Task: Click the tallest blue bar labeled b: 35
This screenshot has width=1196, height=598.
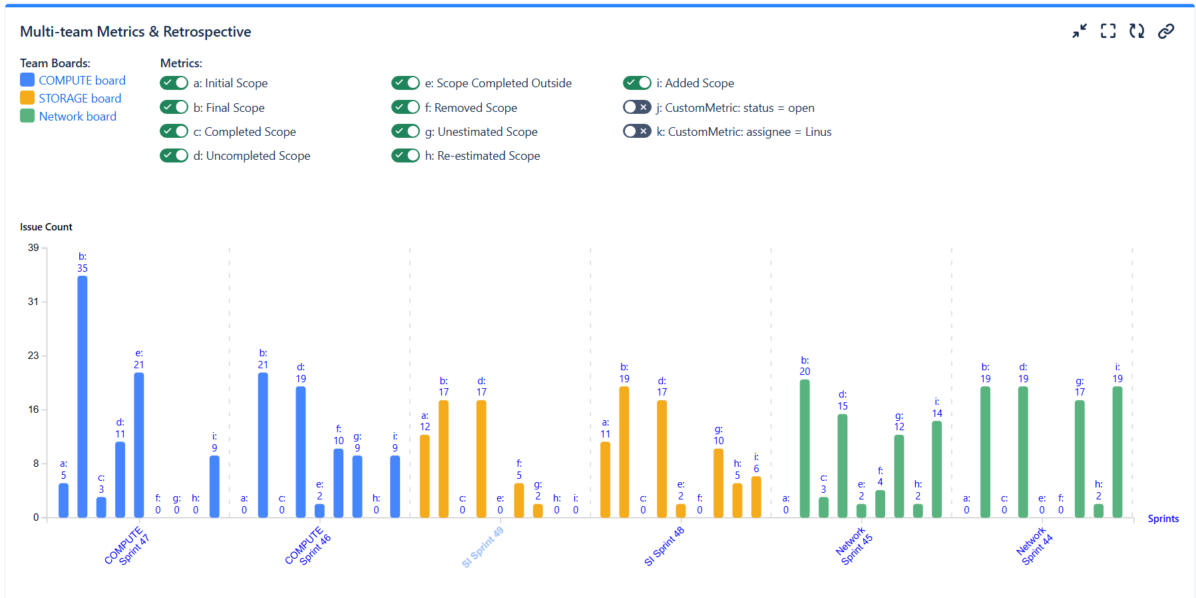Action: pyautogui.click(x=83, y=396)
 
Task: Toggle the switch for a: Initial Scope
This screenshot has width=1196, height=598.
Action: pyautogui.click(x=174, y=83)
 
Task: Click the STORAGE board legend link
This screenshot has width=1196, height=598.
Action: pyautogui.click(x=80, y=99)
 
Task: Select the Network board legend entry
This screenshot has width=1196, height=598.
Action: pyautogui.click(x=77, y=117)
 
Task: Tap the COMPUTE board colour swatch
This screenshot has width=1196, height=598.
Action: pyautogui.click(x=27, y=80)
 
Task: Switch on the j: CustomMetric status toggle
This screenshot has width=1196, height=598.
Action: pyautogui.click(x=637, y=107)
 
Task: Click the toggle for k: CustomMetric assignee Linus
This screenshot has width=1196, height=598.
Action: pyautogui.click(x=637, y=131)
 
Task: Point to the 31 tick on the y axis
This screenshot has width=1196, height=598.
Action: pyautogui.click(x=33, y=302)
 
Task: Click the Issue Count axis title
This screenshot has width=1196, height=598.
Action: pyautogui.click(x=46, y=227)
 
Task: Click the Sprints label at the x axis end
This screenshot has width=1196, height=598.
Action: pyautogui.click(x=1163, y=519)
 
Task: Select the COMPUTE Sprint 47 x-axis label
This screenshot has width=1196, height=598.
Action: pyautogui.click(x=127, y=546)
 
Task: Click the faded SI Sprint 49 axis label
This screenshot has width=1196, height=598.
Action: pyautogui.click(x=483, y=547)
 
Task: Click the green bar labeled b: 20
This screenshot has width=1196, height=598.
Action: pyautogui.click(x=805, y=448)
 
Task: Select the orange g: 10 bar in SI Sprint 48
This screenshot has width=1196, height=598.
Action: pyautogui.click(x=718, y=483)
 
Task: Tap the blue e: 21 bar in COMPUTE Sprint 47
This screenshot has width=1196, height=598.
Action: pyautogui.click(x=139, y=445)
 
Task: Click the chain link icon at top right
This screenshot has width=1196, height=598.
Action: pyautogui.click(x=1165, y=31)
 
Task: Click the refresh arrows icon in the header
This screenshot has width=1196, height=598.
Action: pyautogui.click(x=1137, y=31)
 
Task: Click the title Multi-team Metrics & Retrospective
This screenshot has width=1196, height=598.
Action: pyautogui.click(x=136, y=32)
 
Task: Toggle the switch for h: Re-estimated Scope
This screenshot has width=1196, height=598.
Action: pyautogui.click(x=405, y=155)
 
